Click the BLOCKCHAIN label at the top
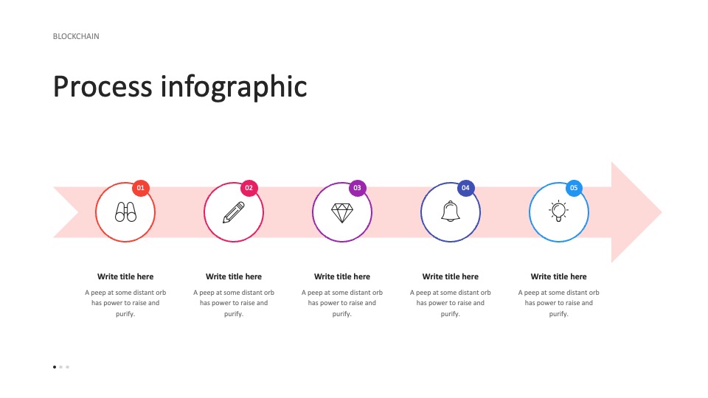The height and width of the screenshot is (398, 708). tap(76, 37)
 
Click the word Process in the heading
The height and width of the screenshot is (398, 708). tap(103, 86)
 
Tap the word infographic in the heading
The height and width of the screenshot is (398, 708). tap(234, 87)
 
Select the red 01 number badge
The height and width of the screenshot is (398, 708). tap(141, 188)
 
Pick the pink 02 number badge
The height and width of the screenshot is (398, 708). tap(249, 188)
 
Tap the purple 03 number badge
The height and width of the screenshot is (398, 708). tap(358, 188)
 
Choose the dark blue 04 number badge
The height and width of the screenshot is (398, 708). tap(466, 188)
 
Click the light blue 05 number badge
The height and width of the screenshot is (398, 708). tap(574, 188)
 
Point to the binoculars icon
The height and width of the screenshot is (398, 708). tap(125, 212)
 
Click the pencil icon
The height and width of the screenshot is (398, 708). tap(234, 212)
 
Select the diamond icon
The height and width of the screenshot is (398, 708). tap(342, 213)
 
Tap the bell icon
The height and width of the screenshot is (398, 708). tap(451, 212)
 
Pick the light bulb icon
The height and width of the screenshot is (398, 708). tap(558, 211)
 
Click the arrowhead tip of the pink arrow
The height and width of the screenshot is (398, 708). tap(662, 212)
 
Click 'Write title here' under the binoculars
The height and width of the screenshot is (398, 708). tap(125, 276)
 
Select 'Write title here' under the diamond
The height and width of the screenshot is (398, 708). tap(342, 276)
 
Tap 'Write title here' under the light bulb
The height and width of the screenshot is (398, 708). tap(558, 276)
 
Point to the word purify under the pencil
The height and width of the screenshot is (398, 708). tap(233, 314)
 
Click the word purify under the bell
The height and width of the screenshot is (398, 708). tap(450, 314)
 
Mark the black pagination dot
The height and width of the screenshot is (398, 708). tap(55, 367)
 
